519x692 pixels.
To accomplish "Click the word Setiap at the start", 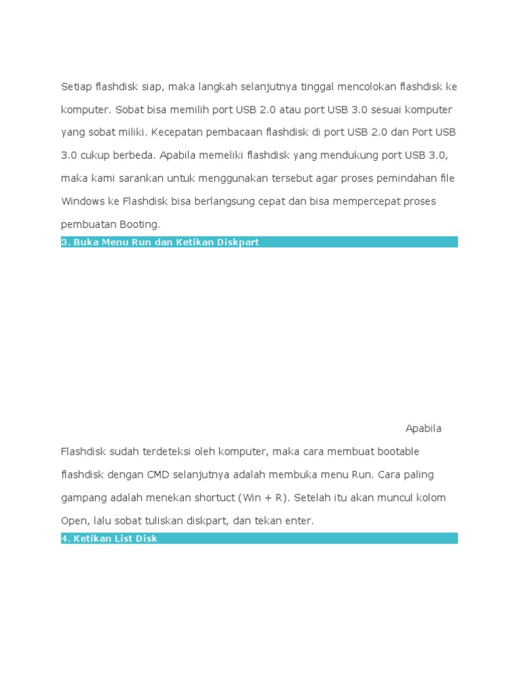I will coord(76,86).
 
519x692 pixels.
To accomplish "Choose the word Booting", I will coord(139,224).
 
